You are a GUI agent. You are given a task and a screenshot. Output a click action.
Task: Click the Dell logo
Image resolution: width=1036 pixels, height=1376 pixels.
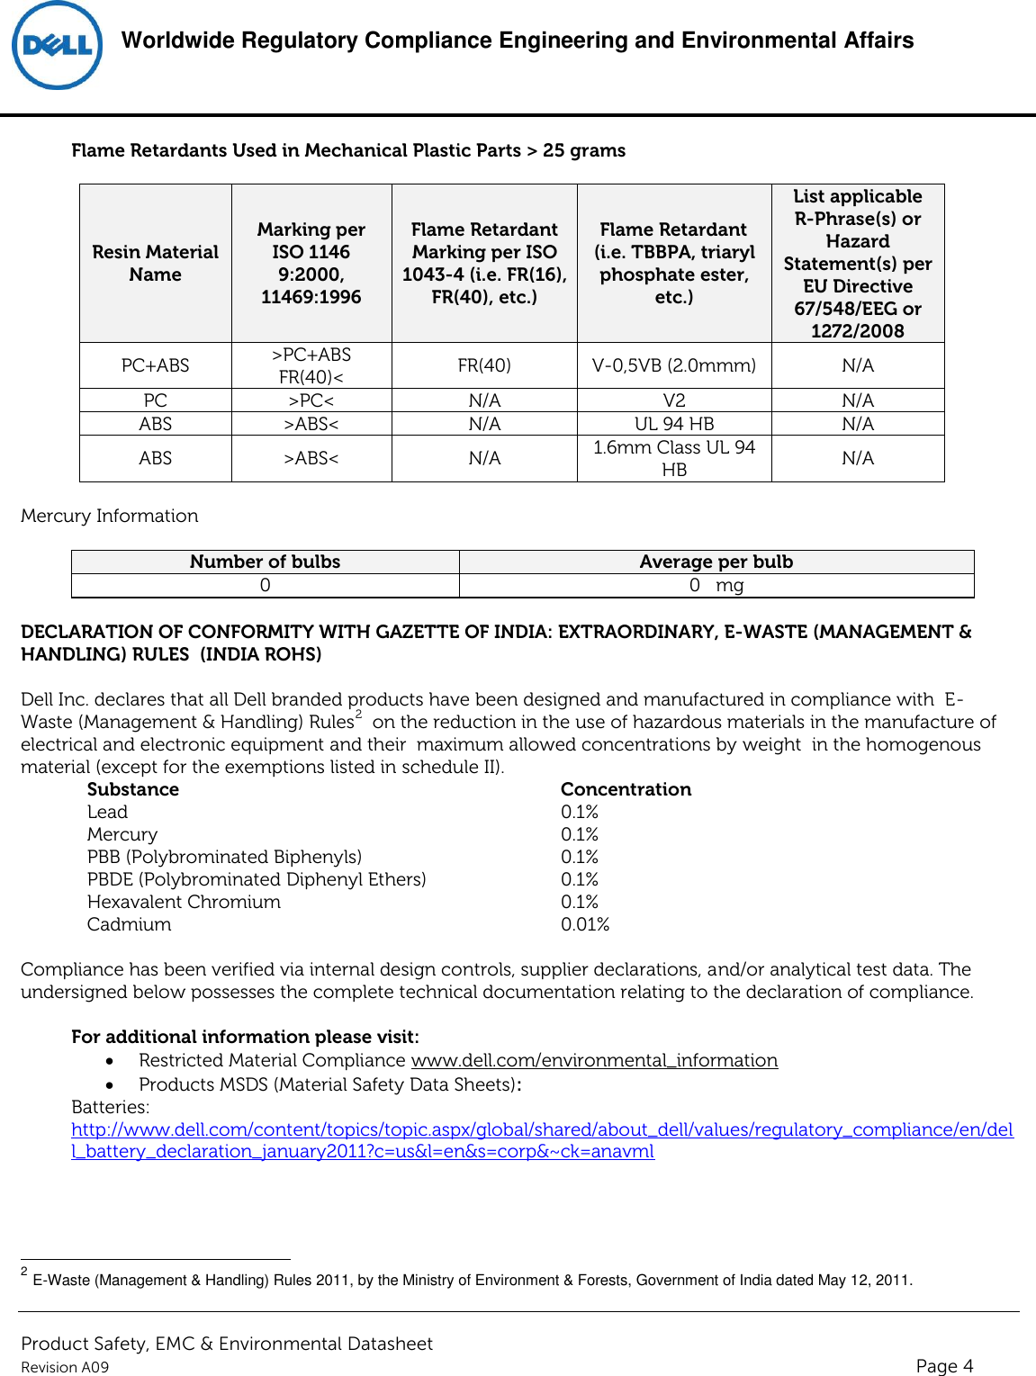tap(57, 46)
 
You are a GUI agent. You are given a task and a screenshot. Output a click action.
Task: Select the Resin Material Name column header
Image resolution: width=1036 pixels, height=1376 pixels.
tap(155, 263)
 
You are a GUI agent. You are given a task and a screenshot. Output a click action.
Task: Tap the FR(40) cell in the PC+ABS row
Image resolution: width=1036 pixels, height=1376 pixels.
tap(484, 365)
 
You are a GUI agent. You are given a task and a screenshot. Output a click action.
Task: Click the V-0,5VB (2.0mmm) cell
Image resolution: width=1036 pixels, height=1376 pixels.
tap(673, 365)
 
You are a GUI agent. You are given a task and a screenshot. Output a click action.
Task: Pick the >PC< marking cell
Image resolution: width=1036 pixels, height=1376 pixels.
tap(311, 400)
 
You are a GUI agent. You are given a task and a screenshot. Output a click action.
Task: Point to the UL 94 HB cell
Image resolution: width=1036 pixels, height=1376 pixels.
tap(673, 424)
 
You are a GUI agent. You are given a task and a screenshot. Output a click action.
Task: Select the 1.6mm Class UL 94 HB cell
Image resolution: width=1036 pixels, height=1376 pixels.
tap(673, 458)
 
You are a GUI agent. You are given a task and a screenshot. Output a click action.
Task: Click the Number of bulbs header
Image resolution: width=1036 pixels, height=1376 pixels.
tap(265, 562)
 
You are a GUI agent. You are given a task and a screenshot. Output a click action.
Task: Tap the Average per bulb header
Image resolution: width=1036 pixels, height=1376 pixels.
tap(716, 562)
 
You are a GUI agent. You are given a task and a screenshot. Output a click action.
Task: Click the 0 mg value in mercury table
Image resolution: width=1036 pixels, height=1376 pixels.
tap(716, 585)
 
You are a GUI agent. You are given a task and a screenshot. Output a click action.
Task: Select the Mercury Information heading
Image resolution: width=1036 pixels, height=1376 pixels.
tap(109, 516)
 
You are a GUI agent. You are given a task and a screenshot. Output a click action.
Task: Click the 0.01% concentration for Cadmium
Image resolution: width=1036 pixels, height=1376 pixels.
tap(584, 924)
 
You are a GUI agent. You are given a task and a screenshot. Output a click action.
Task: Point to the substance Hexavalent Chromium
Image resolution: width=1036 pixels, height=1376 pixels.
tap(184, 902)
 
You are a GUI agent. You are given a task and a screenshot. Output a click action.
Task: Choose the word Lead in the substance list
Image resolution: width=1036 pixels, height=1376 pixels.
tap(107, 812)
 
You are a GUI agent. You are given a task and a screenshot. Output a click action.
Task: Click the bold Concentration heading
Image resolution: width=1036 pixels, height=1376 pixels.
tap(626, 789)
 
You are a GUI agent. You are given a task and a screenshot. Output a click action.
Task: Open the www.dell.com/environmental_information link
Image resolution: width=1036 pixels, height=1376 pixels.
tap(594, 1060)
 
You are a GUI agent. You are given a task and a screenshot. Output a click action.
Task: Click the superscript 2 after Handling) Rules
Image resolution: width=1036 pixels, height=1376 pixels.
tap(358, 715)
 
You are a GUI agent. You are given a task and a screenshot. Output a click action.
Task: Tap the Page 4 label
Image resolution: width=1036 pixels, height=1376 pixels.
tap(943, 1365)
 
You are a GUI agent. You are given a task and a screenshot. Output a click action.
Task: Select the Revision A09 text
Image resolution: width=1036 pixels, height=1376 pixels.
tap(65, 1367)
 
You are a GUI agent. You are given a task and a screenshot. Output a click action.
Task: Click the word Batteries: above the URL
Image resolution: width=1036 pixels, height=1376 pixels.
tap(111, 1107)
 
